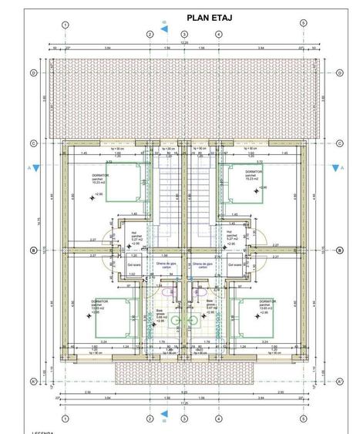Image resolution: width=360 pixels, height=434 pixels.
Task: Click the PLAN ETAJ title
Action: tap(210, 16)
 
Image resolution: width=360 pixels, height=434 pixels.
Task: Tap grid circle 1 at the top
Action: tap(66, 25)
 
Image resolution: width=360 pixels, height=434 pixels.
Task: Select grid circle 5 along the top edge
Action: tap(304, 25)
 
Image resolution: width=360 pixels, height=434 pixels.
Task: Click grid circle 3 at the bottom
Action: tap(184, 419)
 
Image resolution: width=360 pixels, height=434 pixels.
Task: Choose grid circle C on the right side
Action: tap(339, 143)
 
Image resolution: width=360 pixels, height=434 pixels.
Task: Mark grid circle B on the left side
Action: tap(34, 251)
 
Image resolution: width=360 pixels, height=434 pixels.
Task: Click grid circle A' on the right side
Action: tap(339, 381)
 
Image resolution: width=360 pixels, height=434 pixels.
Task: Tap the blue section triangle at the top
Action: tap(165, 30)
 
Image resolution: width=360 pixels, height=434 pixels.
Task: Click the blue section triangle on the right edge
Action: tap(336, 167)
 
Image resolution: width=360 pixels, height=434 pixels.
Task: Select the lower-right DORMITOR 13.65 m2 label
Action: tap(267, 306)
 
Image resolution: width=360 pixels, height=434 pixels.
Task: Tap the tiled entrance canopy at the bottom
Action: tap(184, 373)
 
